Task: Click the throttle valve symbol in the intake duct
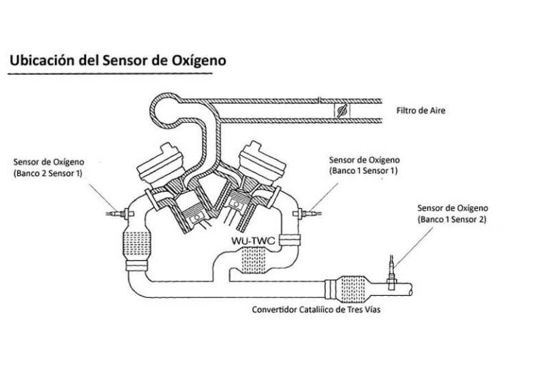click(341, 111)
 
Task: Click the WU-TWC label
click(253, 241)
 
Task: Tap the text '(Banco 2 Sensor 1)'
click(48, 173)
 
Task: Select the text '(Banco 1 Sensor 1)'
click(363, 171)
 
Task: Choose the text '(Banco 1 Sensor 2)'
click(453, 220)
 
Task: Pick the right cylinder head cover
click(260, 158)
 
